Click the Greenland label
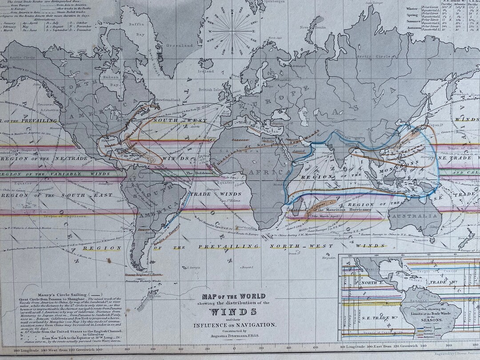coord(179,45)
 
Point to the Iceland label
coord(206,71)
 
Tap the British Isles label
coord(212,89)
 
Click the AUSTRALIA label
coord(414,216)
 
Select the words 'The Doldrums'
coord(199,173)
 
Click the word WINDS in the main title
coord(234,311)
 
